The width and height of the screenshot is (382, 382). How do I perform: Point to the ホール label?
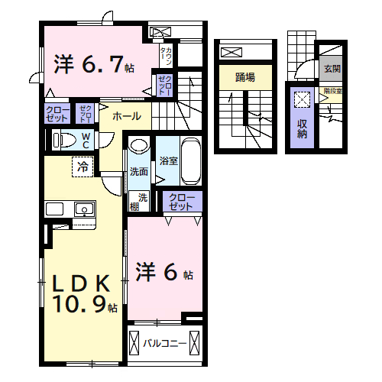click(126, 117)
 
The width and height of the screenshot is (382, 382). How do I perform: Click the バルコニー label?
click(165, 344)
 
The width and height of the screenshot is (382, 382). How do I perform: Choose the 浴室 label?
click(169, 161)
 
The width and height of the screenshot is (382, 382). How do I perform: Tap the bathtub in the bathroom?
click(190, 160)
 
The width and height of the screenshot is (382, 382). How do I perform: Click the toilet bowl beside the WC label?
click(62, 139)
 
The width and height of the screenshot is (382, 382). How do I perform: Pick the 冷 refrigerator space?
click(81, 165)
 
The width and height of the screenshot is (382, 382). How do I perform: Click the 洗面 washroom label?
click(138, 173)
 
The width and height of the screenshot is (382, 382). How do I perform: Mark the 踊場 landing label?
click(244, 76)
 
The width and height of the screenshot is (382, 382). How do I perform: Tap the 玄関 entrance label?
click(332, 69)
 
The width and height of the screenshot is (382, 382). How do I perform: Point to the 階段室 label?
click(332, 91)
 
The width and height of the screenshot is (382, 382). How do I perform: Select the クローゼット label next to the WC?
click(56, 115)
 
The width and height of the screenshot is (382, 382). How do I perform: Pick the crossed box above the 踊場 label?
click(230, 52)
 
